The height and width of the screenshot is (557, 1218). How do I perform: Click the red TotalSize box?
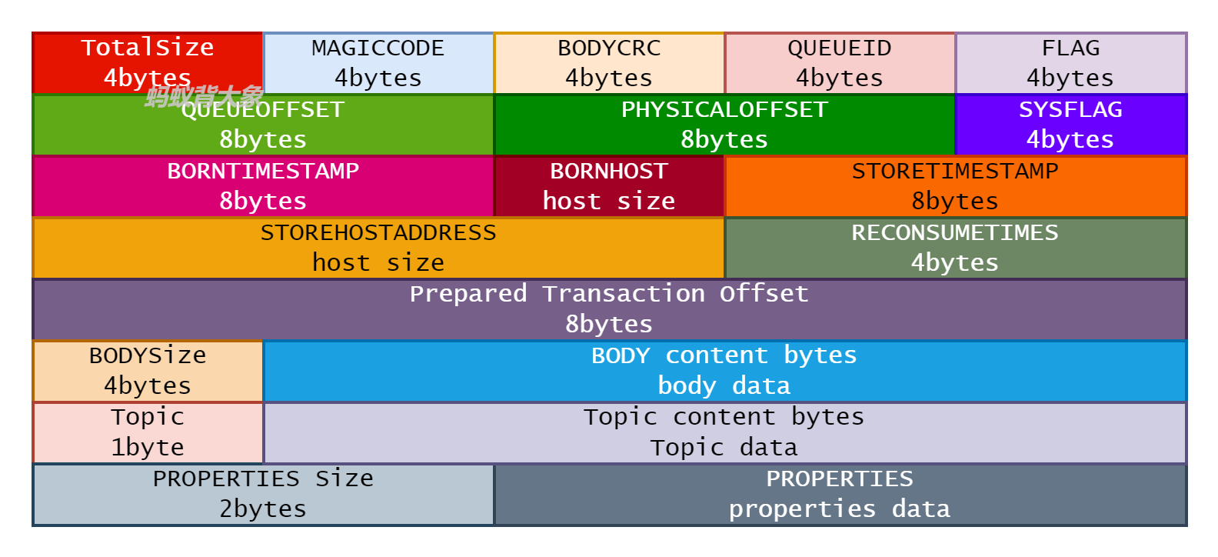(147, 62)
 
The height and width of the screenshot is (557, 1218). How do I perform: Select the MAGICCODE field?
(378, 63)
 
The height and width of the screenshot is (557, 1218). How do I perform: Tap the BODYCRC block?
(608, 63)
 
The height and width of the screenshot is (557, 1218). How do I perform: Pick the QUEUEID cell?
(839, 63)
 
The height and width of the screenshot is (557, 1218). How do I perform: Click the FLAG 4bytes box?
(1070, 63)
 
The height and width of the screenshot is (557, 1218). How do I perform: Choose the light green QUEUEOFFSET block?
(262, 125)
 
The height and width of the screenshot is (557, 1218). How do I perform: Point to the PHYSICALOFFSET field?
(724, 125)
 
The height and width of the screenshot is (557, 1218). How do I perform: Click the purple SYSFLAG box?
(1070, 125)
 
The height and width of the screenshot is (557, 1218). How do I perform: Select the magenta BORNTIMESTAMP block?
(262, 186)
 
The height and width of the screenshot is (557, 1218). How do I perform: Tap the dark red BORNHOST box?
(608, 186)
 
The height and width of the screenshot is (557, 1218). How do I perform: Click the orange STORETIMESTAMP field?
(955, 186)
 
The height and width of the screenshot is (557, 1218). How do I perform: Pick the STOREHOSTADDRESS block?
(378, 248)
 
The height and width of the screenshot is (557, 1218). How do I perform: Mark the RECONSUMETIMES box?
(955, 248)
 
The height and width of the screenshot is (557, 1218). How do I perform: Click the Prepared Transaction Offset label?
(608, 294)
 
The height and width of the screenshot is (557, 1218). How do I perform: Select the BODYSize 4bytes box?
(147, 371)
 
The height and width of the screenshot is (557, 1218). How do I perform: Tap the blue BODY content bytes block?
(724, 371)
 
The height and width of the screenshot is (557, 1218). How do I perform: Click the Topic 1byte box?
(147, 432)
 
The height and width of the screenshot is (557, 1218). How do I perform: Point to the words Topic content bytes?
(724, 417)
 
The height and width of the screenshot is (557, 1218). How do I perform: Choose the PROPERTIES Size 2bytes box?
(262, 494)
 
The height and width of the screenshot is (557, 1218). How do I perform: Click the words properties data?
(839, 509)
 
